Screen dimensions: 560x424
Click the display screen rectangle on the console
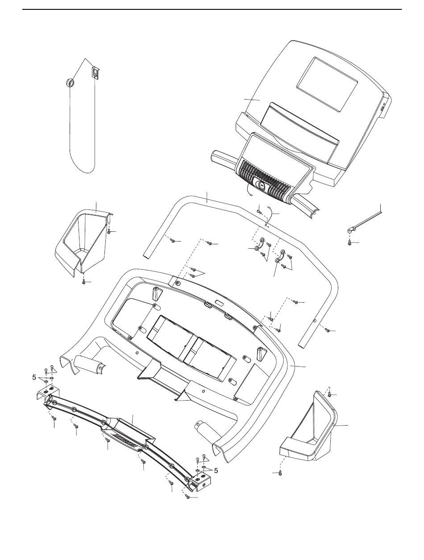327,84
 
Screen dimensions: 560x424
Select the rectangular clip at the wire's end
95,72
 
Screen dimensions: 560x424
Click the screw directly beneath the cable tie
350,242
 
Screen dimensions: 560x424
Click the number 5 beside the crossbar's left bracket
34,377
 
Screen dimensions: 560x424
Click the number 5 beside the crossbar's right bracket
216,470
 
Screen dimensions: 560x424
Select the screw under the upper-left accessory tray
84,282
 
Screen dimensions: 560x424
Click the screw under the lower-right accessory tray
280,472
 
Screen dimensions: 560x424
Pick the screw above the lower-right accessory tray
329,394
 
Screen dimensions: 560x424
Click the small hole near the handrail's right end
315,321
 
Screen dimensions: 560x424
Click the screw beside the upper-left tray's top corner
109,231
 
